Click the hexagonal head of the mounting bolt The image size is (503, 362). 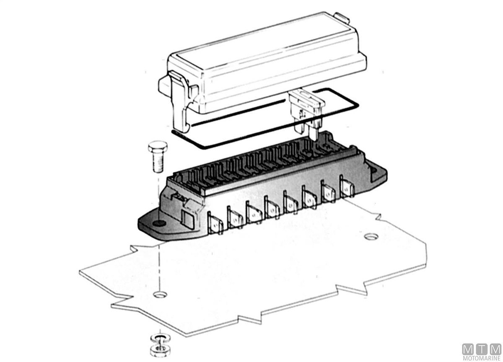[x=158, y=147]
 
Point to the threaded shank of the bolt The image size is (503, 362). [x=158, y=163]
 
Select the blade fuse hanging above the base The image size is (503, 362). [x=306, y=113]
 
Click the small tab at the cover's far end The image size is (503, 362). [x=342, y=18]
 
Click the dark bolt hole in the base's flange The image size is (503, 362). [x=159, y=223]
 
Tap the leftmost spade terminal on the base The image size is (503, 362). [x=215, y=223]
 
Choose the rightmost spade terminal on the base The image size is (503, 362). [x=347, y=187]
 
